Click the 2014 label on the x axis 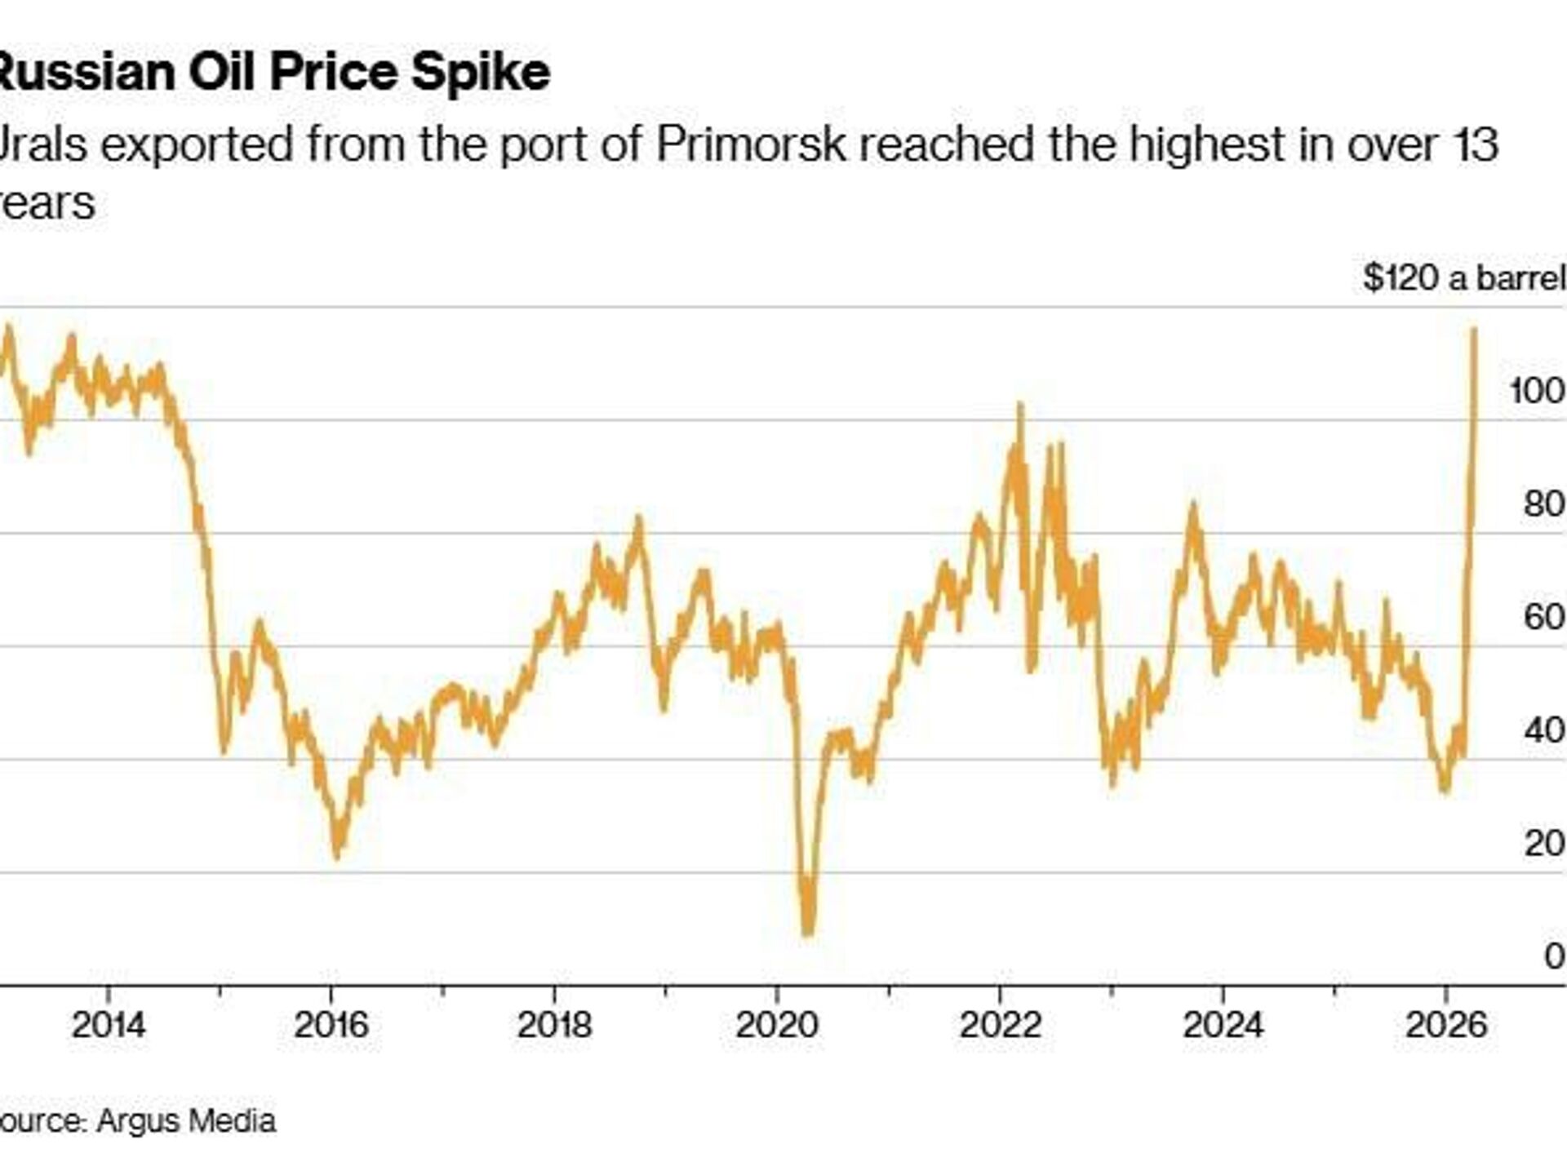[108, 1025]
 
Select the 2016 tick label [331, 1025]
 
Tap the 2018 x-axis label [554, 1025]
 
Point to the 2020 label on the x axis [776, 1025]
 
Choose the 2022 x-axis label [1000, 1025]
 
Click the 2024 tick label [1223, 1025]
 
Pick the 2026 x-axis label [1445, 1025]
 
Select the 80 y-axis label [1543, 504]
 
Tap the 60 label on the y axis [1543, 617]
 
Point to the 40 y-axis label [1543, 730]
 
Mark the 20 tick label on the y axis [1543, 843]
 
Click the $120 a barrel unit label [1464, 278]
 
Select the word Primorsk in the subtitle [751, 144]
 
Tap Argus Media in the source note [186, 1120]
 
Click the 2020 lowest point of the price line [808, 932]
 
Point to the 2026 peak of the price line [1474, 330]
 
